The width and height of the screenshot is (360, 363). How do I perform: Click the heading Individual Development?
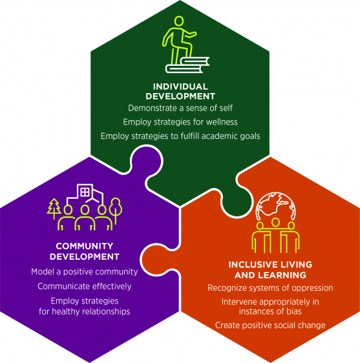point(180,92)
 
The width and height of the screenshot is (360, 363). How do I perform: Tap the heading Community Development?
point(85,251)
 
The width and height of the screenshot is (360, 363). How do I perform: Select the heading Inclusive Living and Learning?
point(270,270)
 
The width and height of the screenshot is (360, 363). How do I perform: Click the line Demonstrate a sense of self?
point(180,108)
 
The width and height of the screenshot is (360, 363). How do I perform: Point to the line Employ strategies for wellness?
point(180,122)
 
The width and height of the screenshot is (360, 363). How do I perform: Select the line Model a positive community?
point(85,272)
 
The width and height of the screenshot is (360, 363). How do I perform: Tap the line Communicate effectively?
point(85,286)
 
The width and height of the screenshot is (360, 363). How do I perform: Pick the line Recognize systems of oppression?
point(270,288)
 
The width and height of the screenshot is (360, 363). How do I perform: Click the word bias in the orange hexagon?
point(294,311)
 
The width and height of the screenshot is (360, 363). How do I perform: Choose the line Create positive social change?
point(270,326)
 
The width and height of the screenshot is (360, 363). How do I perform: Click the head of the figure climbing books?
point(178,21)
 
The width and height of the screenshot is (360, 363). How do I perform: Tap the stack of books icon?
point(187,65)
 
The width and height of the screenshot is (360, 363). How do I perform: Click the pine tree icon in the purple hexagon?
point(54,209)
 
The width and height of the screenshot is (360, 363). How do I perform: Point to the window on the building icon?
point(85,192)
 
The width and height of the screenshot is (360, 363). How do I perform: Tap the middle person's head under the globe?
point(275,222)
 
